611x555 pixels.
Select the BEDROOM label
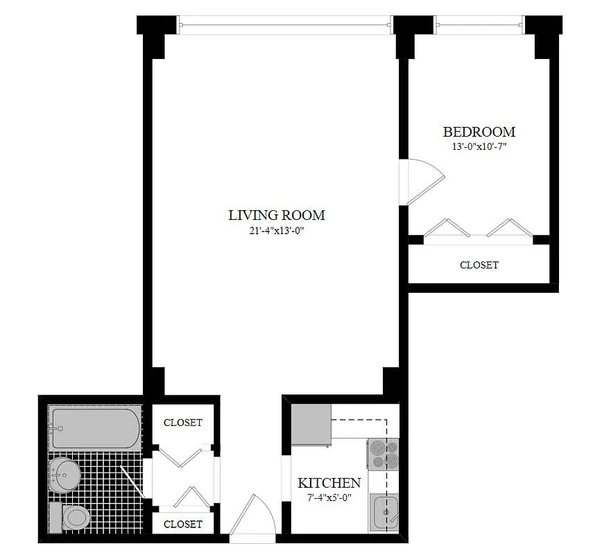(x=479, y=132)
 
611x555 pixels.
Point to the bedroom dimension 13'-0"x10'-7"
(x=479, y=147)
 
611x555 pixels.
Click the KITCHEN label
(x=329, y=483)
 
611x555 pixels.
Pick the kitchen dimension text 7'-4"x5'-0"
(x=329, y=497)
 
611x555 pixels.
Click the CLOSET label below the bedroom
(x=479, y=265)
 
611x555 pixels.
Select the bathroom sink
(x=67, y=475)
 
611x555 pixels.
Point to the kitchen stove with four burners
(x=384, y=454)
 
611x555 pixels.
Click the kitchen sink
(x=384, y=512)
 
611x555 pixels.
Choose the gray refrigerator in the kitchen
(x=311, y=425)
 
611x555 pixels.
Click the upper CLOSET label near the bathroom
(x=183, y=422)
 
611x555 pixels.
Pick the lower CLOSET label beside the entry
(x=183, y=524)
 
